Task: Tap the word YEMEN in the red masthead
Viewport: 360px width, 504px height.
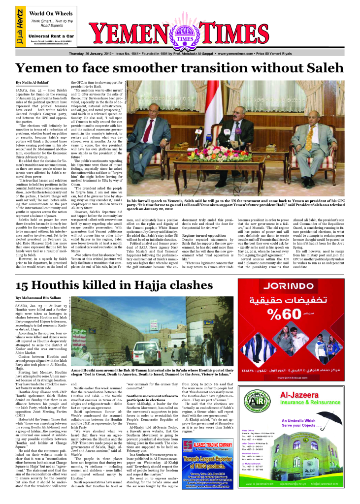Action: [x=130, y=36]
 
